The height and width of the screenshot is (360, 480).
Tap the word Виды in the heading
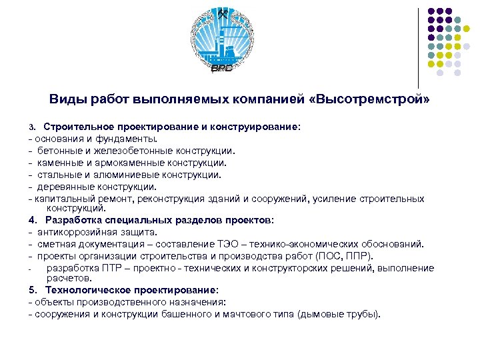pos(64,99)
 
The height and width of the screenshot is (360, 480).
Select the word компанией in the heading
pos(270,99)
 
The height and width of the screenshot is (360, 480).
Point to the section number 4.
pos(32,219)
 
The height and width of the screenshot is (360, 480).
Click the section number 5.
pos(32,290)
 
